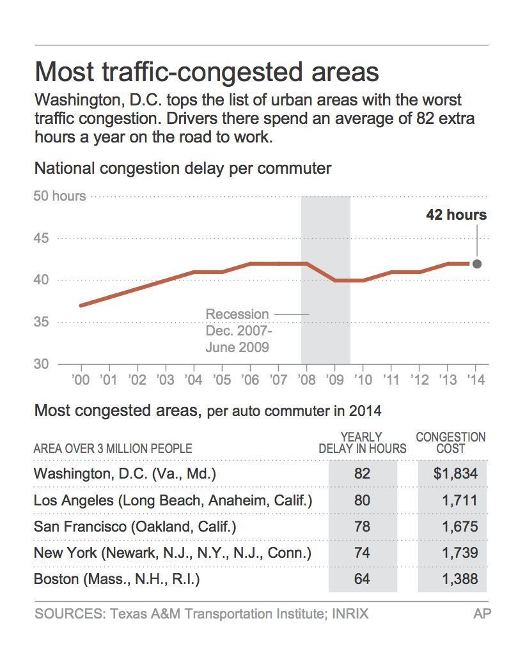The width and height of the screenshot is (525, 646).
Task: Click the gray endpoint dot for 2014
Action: [476, 263]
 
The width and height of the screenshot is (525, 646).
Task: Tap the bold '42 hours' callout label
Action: [457, 215]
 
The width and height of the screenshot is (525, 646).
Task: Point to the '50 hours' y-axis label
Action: [59, 196]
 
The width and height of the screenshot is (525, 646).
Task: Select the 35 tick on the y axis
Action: [41, 322]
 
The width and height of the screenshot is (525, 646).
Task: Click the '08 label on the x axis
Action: [306, 380]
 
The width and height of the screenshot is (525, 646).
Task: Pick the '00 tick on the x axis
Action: [81, 380]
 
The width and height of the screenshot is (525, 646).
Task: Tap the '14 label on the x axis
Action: [475, 380]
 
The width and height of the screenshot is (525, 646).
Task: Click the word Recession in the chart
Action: [237, 314]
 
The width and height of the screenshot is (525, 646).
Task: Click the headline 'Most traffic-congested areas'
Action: [207, 72]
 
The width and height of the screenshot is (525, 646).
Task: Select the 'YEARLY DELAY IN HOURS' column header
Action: [363, 443]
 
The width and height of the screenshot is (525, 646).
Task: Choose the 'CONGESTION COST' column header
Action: [451, 443]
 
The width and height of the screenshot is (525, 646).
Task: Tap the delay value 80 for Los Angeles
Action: [362, 500]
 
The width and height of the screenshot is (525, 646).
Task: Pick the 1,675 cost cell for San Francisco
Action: [459, 527]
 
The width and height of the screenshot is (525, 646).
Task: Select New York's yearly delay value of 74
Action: [362, 553]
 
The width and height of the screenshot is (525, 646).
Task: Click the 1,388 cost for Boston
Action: [459, 580]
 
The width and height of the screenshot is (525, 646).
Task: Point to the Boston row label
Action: [117, 580]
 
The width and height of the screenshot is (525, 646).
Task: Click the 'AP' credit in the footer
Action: [482, 615]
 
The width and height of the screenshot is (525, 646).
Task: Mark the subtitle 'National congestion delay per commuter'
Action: [183, 169]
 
